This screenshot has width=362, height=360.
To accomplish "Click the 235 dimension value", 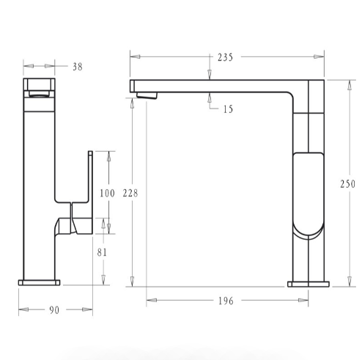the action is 225,57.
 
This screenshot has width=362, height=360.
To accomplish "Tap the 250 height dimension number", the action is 348,184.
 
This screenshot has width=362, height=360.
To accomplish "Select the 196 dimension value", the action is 226,301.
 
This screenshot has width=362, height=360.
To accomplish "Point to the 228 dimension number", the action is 130,193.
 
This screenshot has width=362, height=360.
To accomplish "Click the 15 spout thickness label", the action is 228,109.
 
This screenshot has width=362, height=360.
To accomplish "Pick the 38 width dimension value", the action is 78,67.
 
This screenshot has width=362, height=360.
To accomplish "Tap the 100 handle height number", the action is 107,194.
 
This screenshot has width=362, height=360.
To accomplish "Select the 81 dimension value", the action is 102,252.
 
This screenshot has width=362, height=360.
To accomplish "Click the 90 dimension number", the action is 54,310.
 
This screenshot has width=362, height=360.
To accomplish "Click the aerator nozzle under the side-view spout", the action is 147,95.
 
